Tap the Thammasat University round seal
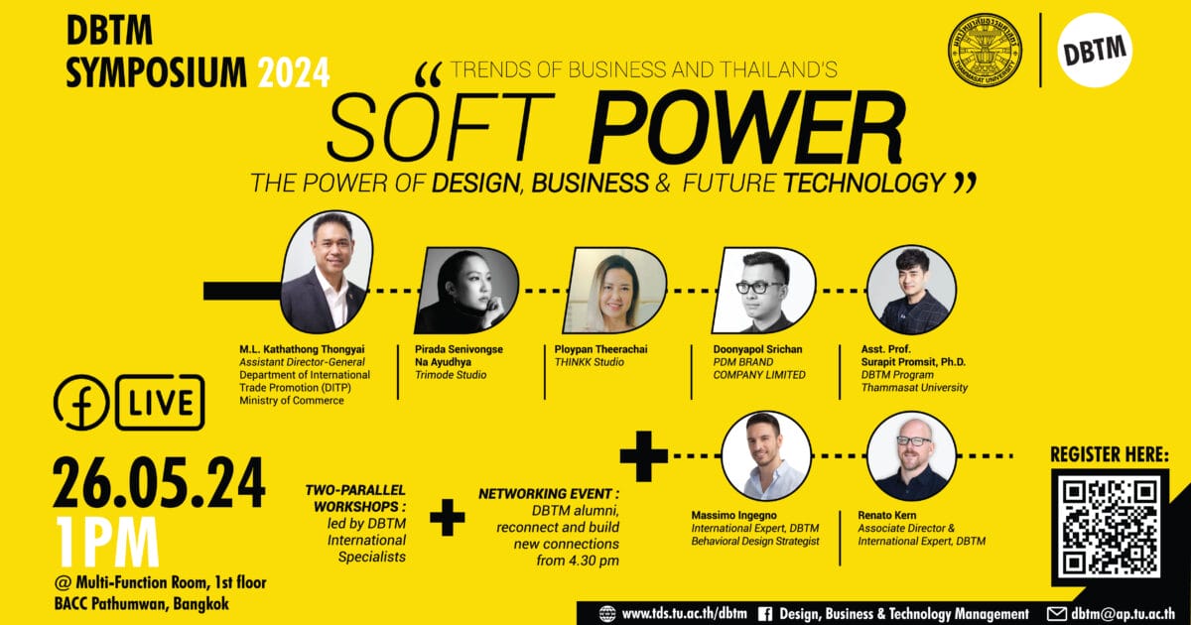pyautogui.click(x=985, y=51)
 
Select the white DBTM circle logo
pyautogui.click(x=1095, y=50)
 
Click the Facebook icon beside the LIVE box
pyautogui.click(x=80, y=403)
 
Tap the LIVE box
pyautogui.click(x=160, y=403)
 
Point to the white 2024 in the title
pyautogui.click(x=294, y=72)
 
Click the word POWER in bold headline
pyautogui.click(x=746, y=128)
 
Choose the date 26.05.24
pyautogui.click(x=159, y=483)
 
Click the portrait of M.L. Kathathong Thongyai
pyautogui.click(x=327, y=272)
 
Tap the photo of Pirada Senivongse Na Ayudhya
pyautogui.click(x=466, y=290)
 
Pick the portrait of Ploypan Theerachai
pyautogui.click(x=614, y=290)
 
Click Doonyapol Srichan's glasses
pyautogui.click(x=759, y=288)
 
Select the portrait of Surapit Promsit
pyautogui.click(x=911, y=290)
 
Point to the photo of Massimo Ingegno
pyautogui.click(x=765, y=456)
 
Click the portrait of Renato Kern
pyautogui.click(x=911, y=456)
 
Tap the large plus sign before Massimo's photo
pyautogui.click(x=644, y=456)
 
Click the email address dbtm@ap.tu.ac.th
pyautogui.click(x=1123, y=614)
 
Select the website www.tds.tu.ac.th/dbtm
pyautogui.click(x=684, y=614)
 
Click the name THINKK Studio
pyautogui.click(x=590, y=362)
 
